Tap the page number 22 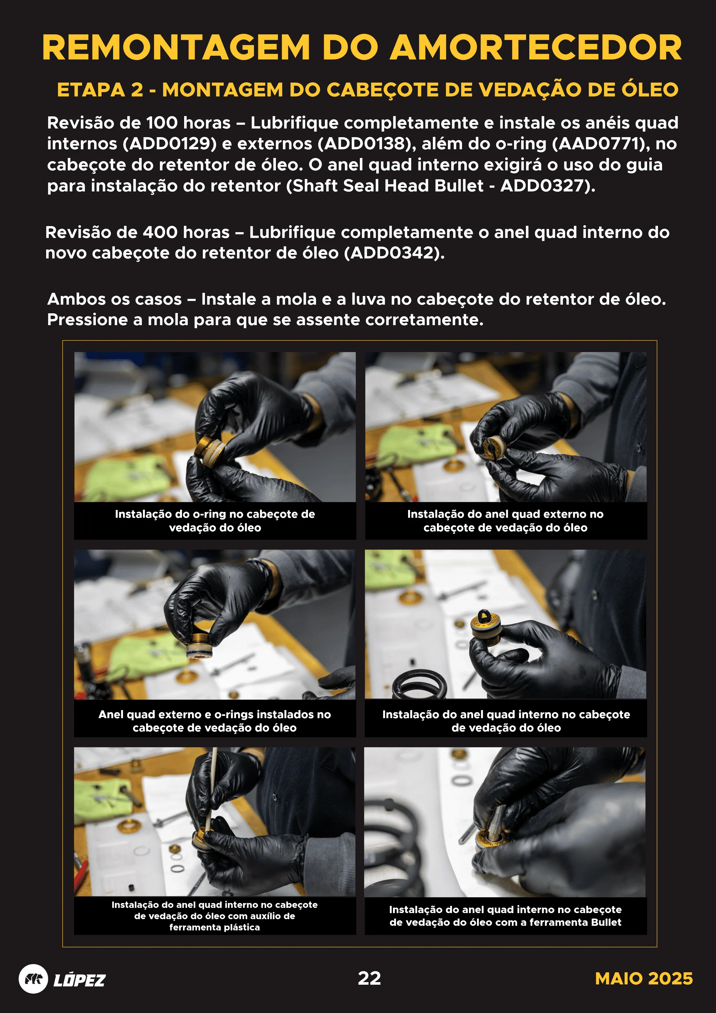369,978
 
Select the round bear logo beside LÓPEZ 33,979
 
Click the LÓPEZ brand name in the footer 79,980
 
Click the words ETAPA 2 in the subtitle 100,90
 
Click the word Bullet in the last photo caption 606,922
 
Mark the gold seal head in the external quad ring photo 492,447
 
